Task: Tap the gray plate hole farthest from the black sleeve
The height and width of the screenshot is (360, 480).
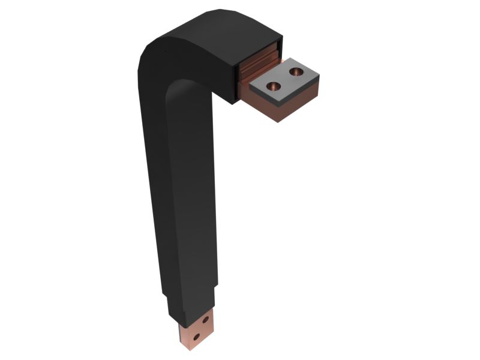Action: (296, 73)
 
